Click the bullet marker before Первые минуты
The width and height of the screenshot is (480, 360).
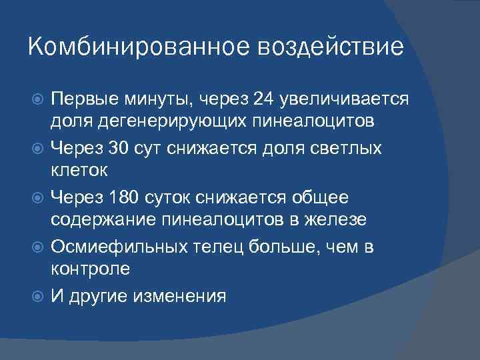coord(37,100)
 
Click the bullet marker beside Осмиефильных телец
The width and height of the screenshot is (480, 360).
coord(37,247)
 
